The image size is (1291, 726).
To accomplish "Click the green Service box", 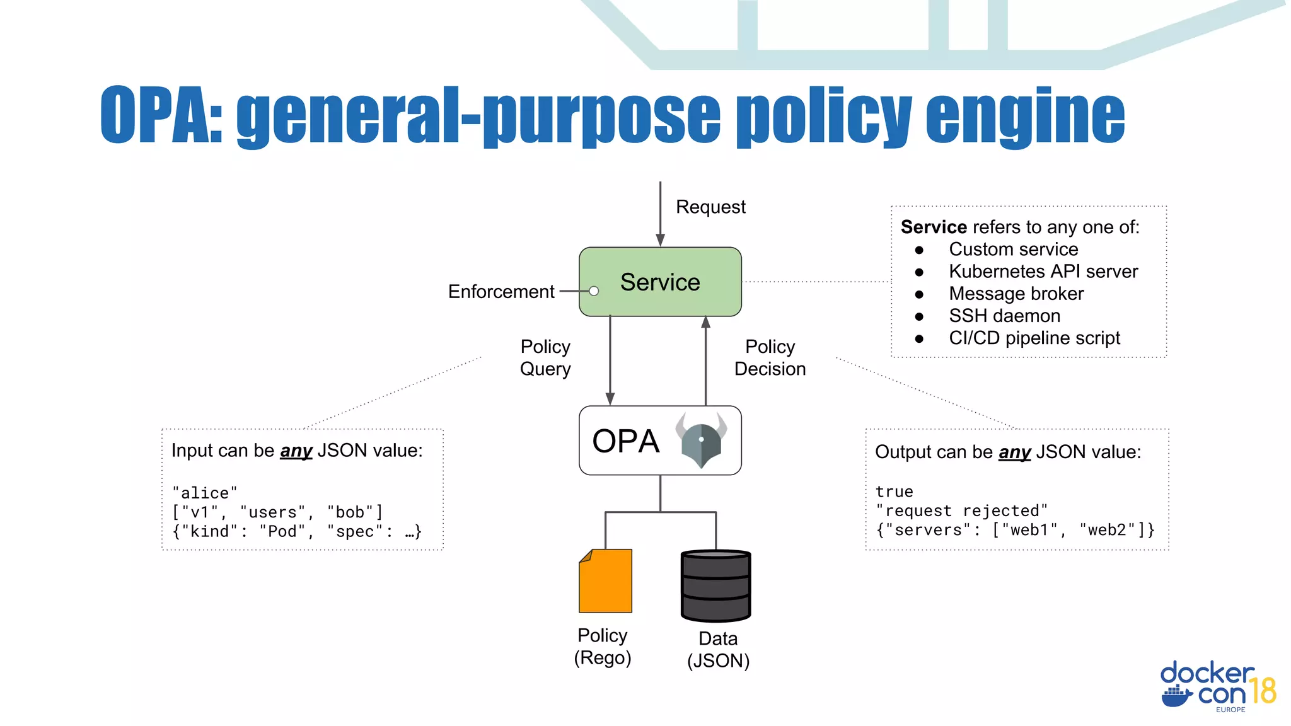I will [660, 282].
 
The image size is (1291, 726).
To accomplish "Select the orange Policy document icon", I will [605, 581].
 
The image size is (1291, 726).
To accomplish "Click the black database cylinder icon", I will [715, 585].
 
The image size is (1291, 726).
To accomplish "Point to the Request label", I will [710, 207].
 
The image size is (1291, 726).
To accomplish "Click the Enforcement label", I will [501, 292].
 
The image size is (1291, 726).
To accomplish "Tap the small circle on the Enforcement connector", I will [594, 291].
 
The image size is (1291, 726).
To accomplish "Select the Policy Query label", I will [545, 357].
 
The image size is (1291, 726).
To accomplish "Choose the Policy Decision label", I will [770, 357].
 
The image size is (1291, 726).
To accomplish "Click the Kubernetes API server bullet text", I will [1043, 272].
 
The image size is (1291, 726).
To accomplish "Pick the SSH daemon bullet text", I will [1004, 316].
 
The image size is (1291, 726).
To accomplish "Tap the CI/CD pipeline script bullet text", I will [1034, 338].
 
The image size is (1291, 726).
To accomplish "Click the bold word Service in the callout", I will [934, 227].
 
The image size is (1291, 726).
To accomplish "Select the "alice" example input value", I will [205, 493].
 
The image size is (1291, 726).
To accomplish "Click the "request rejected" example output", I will [961, 511].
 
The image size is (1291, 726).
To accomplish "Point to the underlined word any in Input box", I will [296, 451].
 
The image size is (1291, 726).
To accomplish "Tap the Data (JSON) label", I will [718, 650].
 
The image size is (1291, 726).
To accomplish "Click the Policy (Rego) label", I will [603, 647].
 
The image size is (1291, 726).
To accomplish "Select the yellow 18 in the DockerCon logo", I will [1263, 691].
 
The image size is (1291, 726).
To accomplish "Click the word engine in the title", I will [1025, 117].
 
